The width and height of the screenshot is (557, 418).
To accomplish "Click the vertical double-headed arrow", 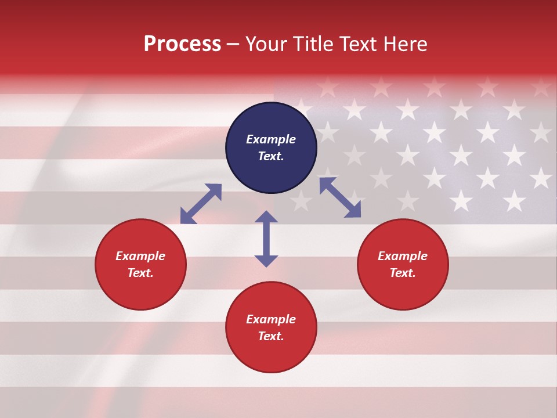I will pyautogui.click(x=266, y=239).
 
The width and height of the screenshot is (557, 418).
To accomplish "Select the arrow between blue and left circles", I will pyautogui.click(x=201, y=204).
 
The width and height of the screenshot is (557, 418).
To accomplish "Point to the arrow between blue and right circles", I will pyautogui.click(x=340, y=197).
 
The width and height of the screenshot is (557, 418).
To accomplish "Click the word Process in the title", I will pyautogui.click(x=182, y=44).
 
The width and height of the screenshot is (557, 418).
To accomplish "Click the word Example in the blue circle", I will pyautogui.click(x=271, y=139).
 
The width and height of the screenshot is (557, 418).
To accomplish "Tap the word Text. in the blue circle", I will pyautogui.click(x=271, y=156).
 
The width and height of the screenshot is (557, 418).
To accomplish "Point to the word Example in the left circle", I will pyautogui.click(x=140, y=256).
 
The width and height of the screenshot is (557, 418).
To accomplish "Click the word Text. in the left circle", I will pyautogui.click(x=140, y=273).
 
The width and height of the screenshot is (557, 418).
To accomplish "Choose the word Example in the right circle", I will pyautogui.click(x=403, y=256).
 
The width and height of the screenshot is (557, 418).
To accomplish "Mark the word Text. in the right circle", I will pyautogui.click(x=403, y=273).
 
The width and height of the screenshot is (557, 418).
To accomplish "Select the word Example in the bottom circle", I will pyautogui.click(x=271, y=319).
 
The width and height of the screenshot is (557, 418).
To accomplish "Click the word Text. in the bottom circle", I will pyautogui.click(x=271, y=336).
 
